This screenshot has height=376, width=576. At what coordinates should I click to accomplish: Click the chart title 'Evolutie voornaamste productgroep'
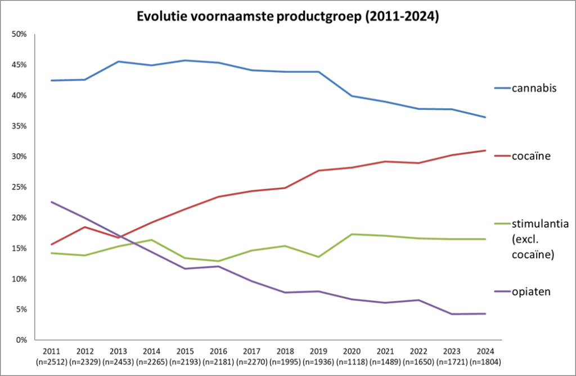[288, 16]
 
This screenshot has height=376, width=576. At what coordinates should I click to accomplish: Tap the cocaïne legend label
[531, 156]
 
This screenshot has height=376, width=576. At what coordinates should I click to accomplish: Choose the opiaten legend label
[531, 291]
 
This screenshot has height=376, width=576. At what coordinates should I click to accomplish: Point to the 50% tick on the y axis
[20, 34]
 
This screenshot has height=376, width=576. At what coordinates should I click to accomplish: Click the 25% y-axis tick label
[20, 187]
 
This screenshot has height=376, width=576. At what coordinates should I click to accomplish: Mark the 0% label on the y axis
[21, 340]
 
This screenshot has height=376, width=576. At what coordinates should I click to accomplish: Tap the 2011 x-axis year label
[52, 351]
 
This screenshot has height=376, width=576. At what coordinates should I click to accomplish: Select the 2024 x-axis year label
[485, 351]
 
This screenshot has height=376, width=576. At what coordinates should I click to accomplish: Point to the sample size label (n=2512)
[52, 362]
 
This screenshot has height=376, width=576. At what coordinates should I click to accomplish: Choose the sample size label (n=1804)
[485, 362]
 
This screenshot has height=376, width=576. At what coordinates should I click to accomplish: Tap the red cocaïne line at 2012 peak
[85, 227]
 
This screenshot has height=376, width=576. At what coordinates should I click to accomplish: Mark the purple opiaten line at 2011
[52, 202]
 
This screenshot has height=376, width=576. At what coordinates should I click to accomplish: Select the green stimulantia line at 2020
[352, 234]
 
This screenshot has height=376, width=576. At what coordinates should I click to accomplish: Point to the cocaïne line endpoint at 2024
[485, 151]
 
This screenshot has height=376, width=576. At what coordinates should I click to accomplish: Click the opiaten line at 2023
[452, 314]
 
